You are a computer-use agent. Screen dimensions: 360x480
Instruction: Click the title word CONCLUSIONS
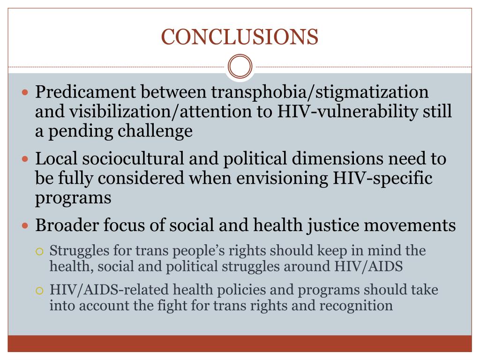pyautogui.click(x=240, y=37)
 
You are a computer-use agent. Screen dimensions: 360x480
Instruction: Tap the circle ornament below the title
pyautogui.click(x=240, y=67)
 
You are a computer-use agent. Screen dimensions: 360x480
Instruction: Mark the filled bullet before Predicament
pyautogui.click(x=26, y=91)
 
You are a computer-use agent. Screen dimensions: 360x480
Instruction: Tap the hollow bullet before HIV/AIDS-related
pyautogui.click(x=40, y=291)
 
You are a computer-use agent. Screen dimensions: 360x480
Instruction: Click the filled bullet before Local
pyautogui.click(x=26, y=159)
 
